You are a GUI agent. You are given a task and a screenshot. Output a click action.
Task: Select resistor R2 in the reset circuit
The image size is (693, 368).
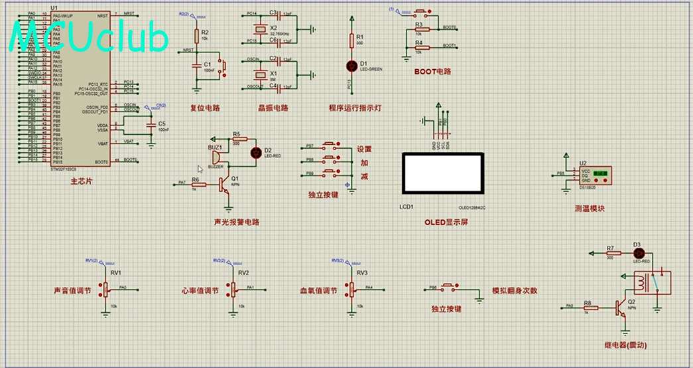tap(196, 35)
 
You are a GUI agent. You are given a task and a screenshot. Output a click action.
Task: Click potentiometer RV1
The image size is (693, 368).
tap(104, 289)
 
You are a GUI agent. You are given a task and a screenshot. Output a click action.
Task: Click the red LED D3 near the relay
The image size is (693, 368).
tap(639, 254)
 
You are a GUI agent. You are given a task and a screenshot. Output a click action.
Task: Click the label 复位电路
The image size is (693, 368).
tap(205, 108)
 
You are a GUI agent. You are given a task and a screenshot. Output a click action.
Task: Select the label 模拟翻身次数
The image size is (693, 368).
tap(514, 291)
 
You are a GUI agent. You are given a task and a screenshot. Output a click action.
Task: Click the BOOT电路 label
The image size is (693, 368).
tap(432, 72)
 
